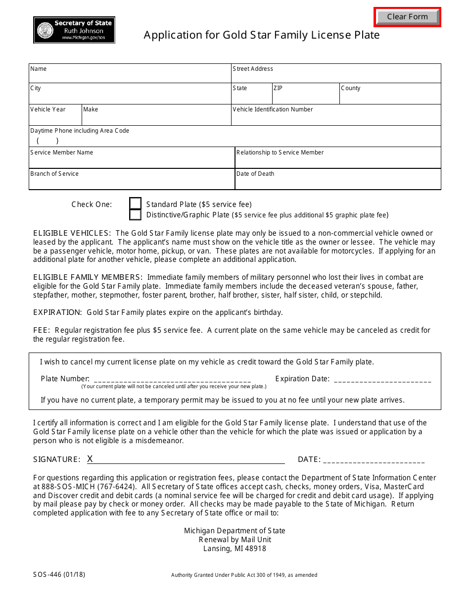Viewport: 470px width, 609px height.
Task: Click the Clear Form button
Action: (x=407, y=17)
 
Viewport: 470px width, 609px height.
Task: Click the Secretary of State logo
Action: (x=74, y=30)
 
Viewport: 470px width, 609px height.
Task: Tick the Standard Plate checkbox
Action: (x=135, y=204)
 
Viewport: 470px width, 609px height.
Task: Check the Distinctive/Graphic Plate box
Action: (x=135, y=215)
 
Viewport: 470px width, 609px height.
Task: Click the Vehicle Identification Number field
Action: (x=336, y=118)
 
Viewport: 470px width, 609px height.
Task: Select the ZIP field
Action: (x=305, y=96)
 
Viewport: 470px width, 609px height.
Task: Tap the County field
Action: (x=390, y=96)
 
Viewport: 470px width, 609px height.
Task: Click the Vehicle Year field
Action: (x=55, y=118)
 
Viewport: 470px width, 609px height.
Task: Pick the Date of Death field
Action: (x=338, y=182)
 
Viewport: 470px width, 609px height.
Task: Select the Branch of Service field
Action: (x=131, y=182)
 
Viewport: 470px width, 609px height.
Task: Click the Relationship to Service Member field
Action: (x=338, y=160)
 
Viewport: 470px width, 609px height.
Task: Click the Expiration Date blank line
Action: (x=382, y=380)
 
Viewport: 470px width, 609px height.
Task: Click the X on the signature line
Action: (x=90, y=459)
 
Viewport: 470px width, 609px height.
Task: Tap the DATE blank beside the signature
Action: (x=374, y=460)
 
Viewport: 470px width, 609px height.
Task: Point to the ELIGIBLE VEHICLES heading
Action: (x=72, y=233)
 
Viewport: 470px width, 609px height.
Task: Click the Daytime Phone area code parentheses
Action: (x=47, y=141)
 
